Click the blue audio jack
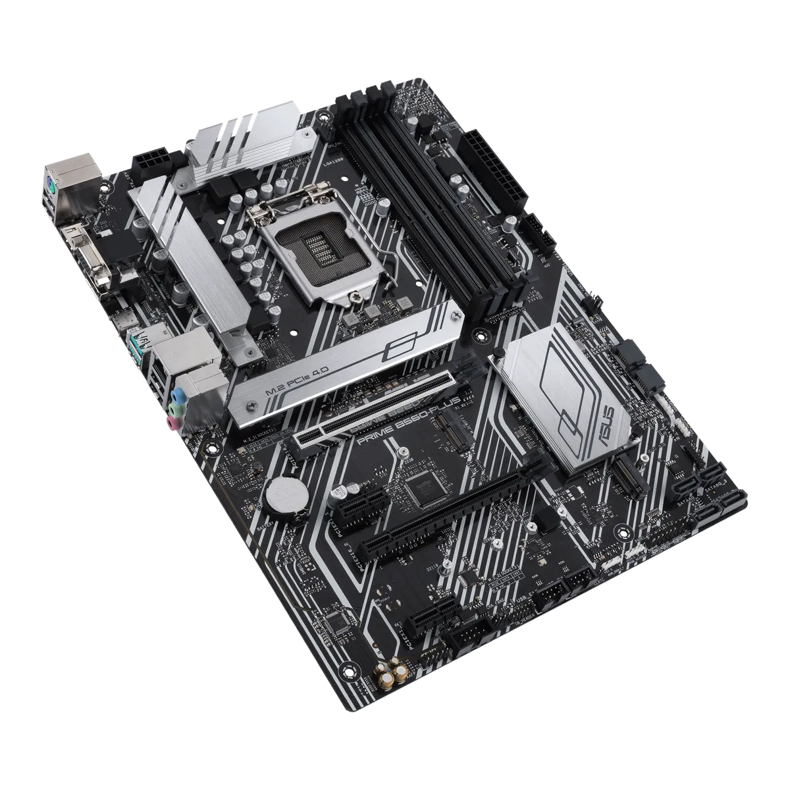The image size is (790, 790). pos(176,397)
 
